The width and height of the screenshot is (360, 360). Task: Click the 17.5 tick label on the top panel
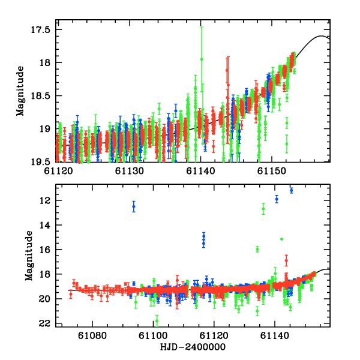[43, 29]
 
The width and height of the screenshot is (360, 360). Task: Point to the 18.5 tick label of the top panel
[43, 95]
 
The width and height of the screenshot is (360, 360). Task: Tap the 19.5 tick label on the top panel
[43, 161]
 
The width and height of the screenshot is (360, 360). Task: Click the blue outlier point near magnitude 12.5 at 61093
[134, 206]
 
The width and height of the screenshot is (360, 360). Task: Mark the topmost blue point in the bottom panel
[291, 190]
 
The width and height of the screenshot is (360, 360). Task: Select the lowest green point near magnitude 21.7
[157, 320]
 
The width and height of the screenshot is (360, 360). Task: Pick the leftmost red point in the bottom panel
[71, 293]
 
